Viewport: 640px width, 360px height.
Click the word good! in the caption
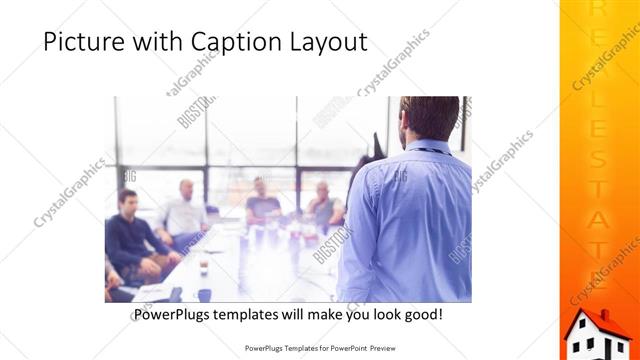421,315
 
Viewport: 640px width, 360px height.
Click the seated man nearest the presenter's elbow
324,205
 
